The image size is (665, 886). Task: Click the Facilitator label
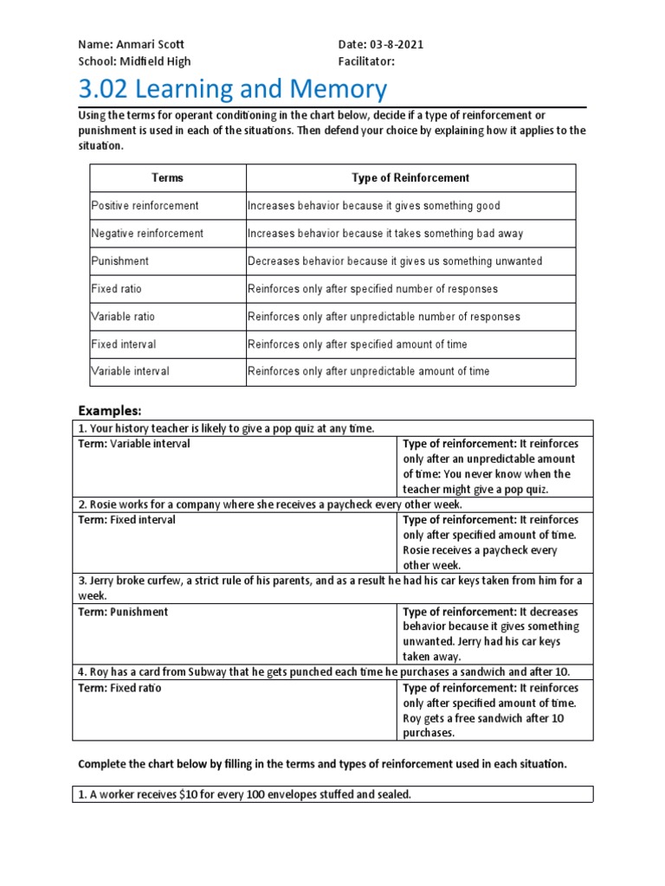tap(366, 61)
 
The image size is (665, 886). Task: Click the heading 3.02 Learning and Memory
tap(233, 89)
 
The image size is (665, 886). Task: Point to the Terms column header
tap(168, 177)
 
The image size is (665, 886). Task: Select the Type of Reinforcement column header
tap(410, 177)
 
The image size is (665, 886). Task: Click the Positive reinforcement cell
tap(145, 206)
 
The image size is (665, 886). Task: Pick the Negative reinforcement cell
tap(147, 234)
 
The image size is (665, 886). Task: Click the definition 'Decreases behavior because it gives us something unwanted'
tap(395, 261)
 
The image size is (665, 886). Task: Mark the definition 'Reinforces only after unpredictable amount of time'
tap(369, 371)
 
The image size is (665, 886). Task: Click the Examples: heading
tap(109, 409)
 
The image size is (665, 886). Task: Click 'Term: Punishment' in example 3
tap(123, 612)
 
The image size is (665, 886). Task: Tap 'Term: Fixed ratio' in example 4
tap(119, 688)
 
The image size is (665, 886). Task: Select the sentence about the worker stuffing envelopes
tap(244, 793)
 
